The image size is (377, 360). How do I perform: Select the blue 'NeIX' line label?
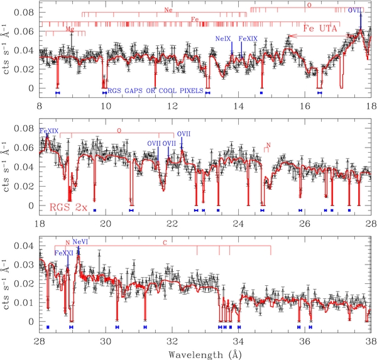224,38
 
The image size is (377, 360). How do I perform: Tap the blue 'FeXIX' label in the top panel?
248,38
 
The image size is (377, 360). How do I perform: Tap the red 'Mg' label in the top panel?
68,30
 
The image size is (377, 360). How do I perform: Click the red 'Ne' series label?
168,10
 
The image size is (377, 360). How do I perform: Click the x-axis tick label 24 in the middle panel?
238,223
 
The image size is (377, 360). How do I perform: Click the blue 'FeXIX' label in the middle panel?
49,131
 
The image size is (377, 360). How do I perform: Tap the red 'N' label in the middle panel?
268,145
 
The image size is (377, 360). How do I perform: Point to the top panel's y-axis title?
8,50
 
